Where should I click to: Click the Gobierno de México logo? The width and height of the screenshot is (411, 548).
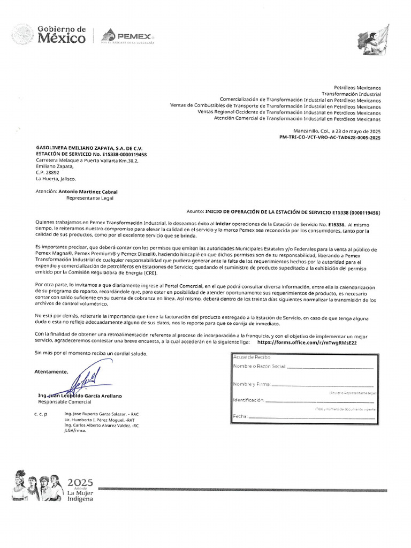49,34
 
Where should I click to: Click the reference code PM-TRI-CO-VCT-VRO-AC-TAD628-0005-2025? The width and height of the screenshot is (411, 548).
330,138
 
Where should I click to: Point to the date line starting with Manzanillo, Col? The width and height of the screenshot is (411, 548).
337,131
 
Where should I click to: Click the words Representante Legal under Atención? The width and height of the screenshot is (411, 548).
90,197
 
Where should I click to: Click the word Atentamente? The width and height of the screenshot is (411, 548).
51,371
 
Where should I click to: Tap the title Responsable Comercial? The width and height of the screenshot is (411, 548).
65,401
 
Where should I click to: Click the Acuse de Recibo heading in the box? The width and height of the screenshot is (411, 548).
252,357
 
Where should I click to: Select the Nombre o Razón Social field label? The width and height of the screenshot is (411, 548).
260,367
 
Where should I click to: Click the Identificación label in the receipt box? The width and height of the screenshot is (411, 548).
248,400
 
